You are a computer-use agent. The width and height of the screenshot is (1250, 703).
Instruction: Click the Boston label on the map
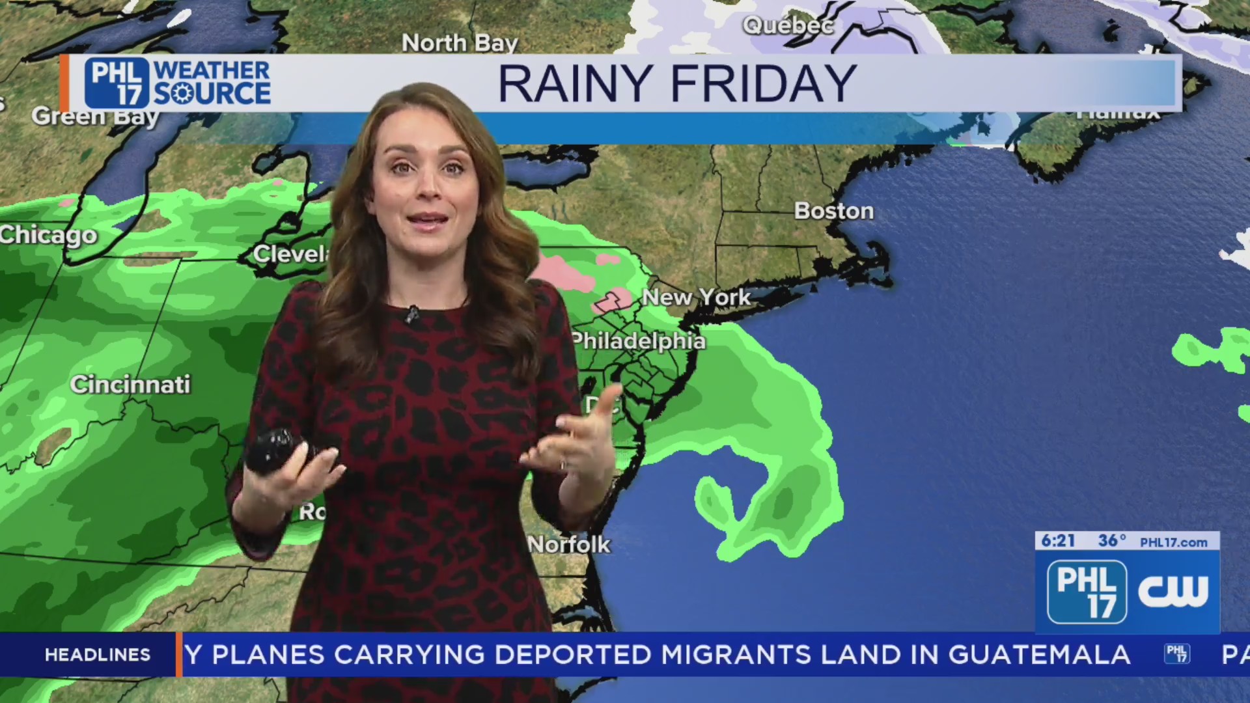click(834, 211)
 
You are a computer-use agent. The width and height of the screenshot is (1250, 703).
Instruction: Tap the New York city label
click(696, 297)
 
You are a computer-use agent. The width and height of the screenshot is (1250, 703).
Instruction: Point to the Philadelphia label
click(639, 341)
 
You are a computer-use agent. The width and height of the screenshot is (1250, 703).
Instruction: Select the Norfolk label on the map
click(569, 544)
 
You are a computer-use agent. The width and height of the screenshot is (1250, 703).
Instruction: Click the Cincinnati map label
click(130, 384)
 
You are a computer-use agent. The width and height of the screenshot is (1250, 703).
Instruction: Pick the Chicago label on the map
click(48, 235)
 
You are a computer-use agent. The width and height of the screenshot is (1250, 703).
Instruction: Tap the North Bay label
click(460, 43)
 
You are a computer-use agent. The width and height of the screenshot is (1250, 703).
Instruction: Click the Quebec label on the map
click(788, 25)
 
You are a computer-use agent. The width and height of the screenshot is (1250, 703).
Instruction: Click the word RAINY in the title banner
click(576, 83)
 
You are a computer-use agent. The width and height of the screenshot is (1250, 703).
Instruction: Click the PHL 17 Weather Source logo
click(177, 83)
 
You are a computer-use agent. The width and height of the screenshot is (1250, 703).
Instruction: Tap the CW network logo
click(1173, 592)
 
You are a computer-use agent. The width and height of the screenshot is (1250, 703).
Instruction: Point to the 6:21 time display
click(1058, 541)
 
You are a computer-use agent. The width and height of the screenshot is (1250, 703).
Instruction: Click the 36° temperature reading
click(1111, 541)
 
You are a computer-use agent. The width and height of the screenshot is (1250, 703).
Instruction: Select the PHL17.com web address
click(1173, 542)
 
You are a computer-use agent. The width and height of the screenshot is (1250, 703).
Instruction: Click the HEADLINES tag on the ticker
click(98, 654)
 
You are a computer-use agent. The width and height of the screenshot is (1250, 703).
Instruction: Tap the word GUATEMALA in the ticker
click(1039, 654)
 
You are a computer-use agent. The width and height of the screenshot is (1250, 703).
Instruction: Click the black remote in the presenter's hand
click(277, 449)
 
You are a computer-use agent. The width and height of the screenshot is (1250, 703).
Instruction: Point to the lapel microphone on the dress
click(411, 314)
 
